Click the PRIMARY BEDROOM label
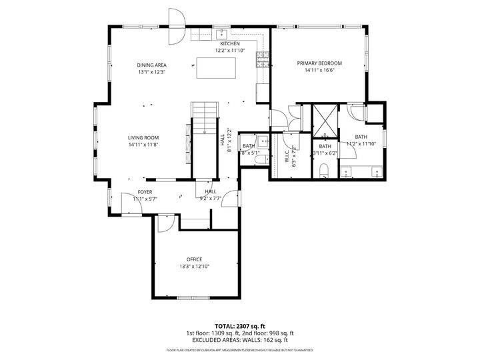(x=319, y=63)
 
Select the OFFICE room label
(x=194, y=259)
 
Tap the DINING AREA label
(x=151, y=65)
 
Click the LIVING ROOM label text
(x=143, y=137)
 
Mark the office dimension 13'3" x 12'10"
(x=194, y=267)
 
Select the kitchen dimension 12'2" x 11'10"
(x=229, y=50)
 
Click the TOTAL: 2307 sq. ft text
(x=240, y=326)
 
